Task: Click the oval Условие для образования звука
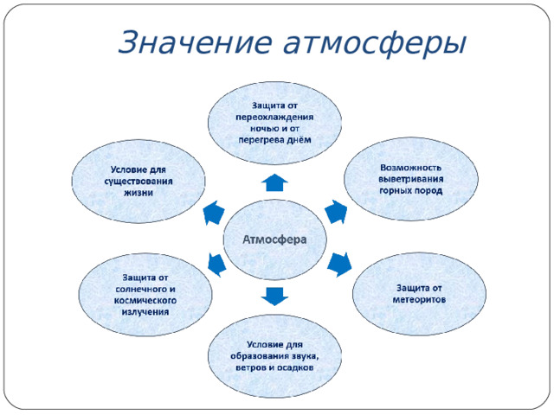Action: coord(274,356)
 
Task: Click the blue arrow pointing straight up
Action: coord(274,182)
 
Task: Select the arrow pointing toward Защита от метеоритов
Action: coord(341,261)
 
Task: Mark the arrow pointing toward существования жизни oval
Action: coord(213,212)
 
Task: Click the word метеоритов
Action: coord(420,300)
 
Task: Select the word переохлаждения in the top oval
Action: coord(274,117)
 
